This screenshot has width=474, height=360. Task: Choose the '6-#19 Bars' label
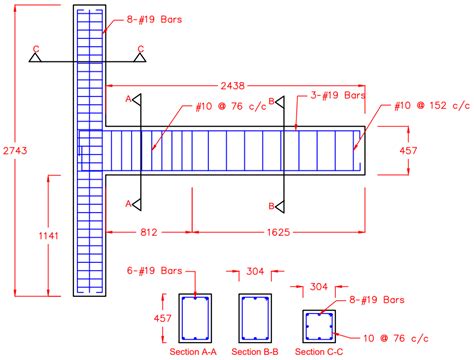point(194,270)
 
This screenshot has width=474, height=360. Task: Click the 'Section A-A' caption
point(194,352)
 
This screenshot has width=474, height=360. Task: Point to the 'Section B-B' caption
point(256,352)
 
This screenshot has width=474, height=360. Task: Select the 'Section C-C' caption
point(319,352)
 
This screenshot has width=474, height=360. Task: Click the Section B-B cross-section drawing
point(256,319)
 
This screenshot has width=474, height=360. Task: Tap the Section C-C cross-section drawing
point(319,325)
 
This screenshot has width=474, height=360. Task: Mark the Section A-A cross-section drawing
point(194,319)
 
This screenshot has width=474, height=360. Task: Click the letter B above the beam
point(272,99)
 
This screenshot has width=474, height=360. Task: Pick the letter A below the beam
point(128,203)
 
